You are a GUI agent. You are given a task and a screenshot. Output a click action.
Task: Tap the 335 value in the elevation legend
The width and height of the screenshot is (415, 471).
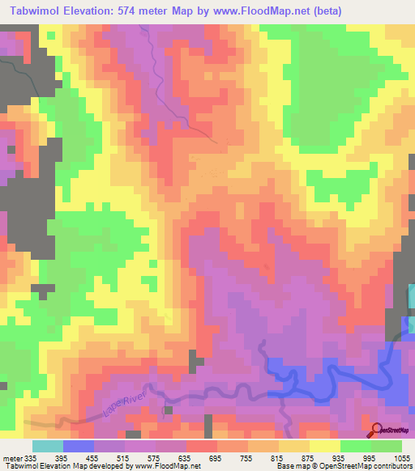[x=30, y=457]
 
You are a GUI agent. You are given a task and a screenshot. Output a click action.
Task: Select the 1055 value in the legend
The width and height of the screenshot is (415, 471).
[x=402, y=457]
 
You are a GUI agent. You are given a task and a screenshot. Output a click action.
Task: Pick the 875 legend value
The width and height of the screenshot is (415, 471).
[x=310, y=457]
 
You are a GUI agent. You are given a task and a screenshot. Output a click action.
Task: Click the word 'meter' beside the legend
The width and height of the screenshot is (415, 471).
[x=11, y=457]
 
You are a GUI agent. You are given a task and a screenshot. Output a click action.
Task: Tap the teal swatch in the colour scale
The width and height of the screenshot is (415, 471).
[x=48, y=446]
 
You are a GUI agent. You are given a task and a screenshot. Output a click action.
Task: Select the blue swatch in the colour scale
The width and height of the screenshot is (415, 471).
[x=79, y=446]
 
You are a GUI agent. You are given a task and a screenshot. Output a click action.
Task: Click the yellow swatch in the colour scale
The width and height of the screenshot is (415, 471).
[x=325, y=446]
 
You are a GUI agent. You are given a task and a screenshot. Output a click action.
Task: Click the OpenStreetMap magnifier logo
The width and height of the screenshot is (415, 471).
[x=377, y=431]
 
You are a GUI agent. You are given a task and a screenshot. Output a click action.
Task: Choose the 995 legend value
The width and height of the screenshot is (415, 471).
[x=371, y=457]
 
